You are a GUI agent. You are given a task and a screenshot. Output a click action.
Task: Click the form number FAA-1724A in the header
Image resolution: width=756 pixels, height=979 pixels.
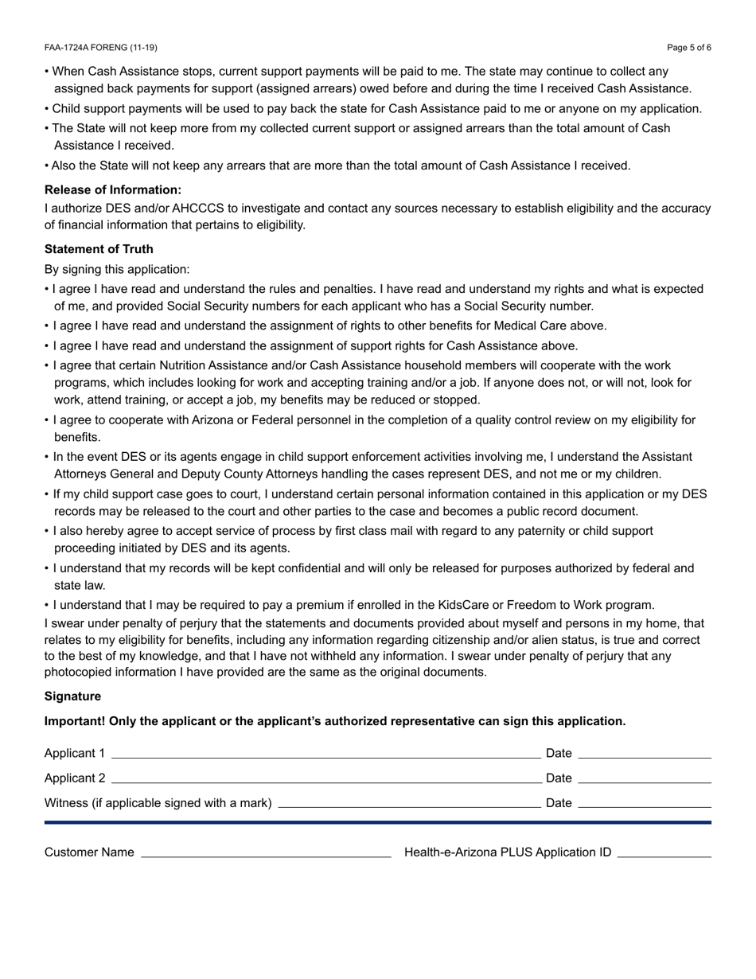click(72, 48)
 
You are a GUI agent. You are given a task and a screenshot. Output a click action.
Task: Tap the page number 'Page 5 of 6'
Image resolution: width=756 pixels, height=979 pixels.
click(689, 48)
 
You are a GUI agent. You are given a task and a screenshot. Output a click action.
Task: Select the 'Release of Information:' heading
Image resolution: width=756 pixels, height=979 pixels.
click(113, 189)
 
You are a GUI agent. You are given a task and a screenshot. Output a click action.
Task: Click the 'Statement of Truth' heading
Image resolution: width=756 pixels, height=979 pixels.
click(99, 249)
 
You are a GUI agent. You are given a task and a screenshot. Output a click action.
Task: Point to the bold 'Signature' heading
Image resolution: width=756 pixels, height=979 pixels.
click(72, 696)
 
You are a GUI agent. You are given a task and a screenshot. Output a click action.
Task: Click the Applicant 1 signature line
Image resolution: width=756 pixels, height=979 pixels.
click(325, 756)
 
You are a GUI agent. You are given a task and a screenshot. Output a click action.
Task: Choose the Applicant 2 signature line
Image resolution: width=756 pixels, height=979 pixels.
click(325, 781)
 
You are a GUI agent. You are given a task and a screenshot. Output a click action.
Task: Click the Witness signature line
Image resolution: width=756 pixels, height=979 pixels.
click(409, 805)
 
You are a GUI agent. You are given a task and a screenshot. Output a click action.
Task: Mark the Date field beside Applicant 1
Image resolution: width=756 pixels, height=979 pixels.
click(644, 756)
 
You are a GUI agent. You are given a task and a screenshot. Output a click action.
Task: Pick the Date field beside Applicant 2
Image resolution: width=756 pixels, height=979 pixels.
click(644, 781)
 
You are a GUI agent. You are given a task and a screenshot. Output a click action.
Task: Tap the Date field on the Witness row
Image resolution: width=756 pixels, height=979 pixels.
click(644, 805)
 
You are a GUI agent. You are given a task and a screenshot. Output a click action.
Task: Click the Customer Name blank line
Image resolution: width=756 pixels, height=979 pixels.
click(266, 855)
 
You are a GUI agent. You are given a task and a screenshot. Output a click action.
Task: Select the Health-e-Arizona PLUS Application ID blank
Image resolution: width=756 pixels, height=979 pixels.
click(664, 855)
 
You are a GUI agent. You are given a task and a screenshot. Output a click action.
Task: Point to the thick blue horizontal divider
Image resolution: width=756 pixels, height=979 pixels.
click(378, 822)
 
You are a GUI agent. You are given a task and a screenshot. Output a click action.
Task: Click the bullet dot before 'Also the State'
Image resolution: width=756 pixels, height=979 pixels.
click(47, 166)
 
